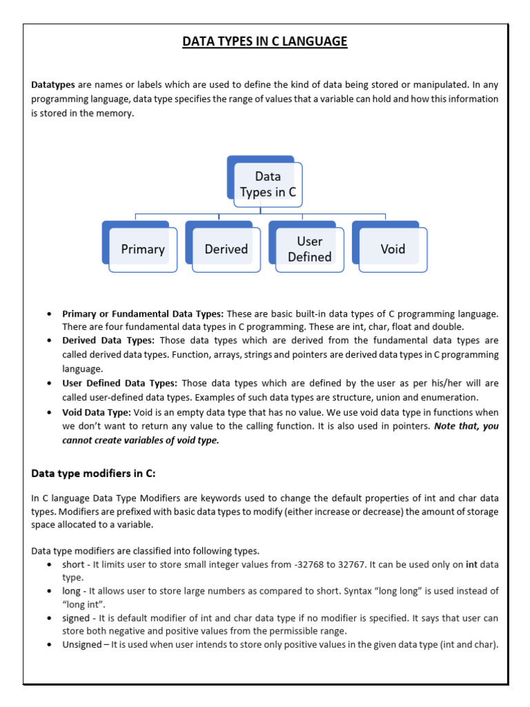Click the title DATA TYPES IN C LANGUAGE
[x=265, y=42]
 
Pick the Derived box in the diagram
[x=226, y=249]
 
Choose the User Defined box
[x=309, y=249]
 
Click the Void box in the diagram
[x=393, y=249]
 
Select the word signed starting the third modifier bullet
[x=76, y=618]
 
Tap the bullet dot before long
[x=49, y=592]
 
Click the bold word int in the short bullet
[x=471, y=565]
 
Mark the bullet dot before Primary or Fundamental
[x=49, y=313]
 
